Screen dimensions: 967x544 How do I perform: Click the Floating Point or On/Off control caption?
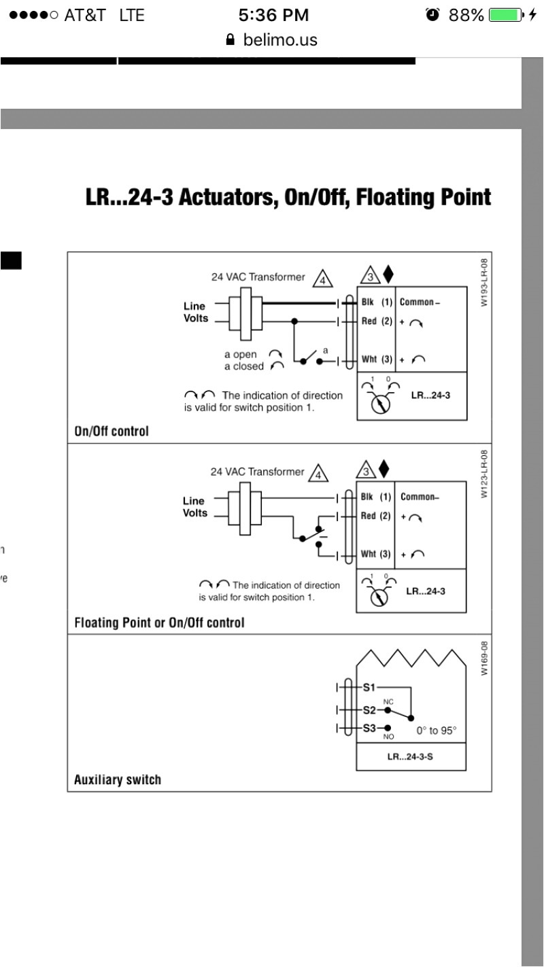(x=158, y=622)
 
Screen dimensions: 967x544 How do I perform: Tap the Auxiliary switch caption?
(x=118, y=779)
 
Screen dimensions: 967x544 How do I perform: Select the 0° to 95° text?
(x=437, y=731)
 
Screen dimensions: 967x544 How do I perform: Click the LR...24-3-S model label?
(x=411, y=756)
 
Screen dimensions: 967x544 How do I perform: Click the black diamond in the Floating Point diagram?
(x=385, y=468)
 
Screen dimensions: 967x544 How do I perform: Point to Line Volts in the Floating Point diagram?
(x=195, y=507)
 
